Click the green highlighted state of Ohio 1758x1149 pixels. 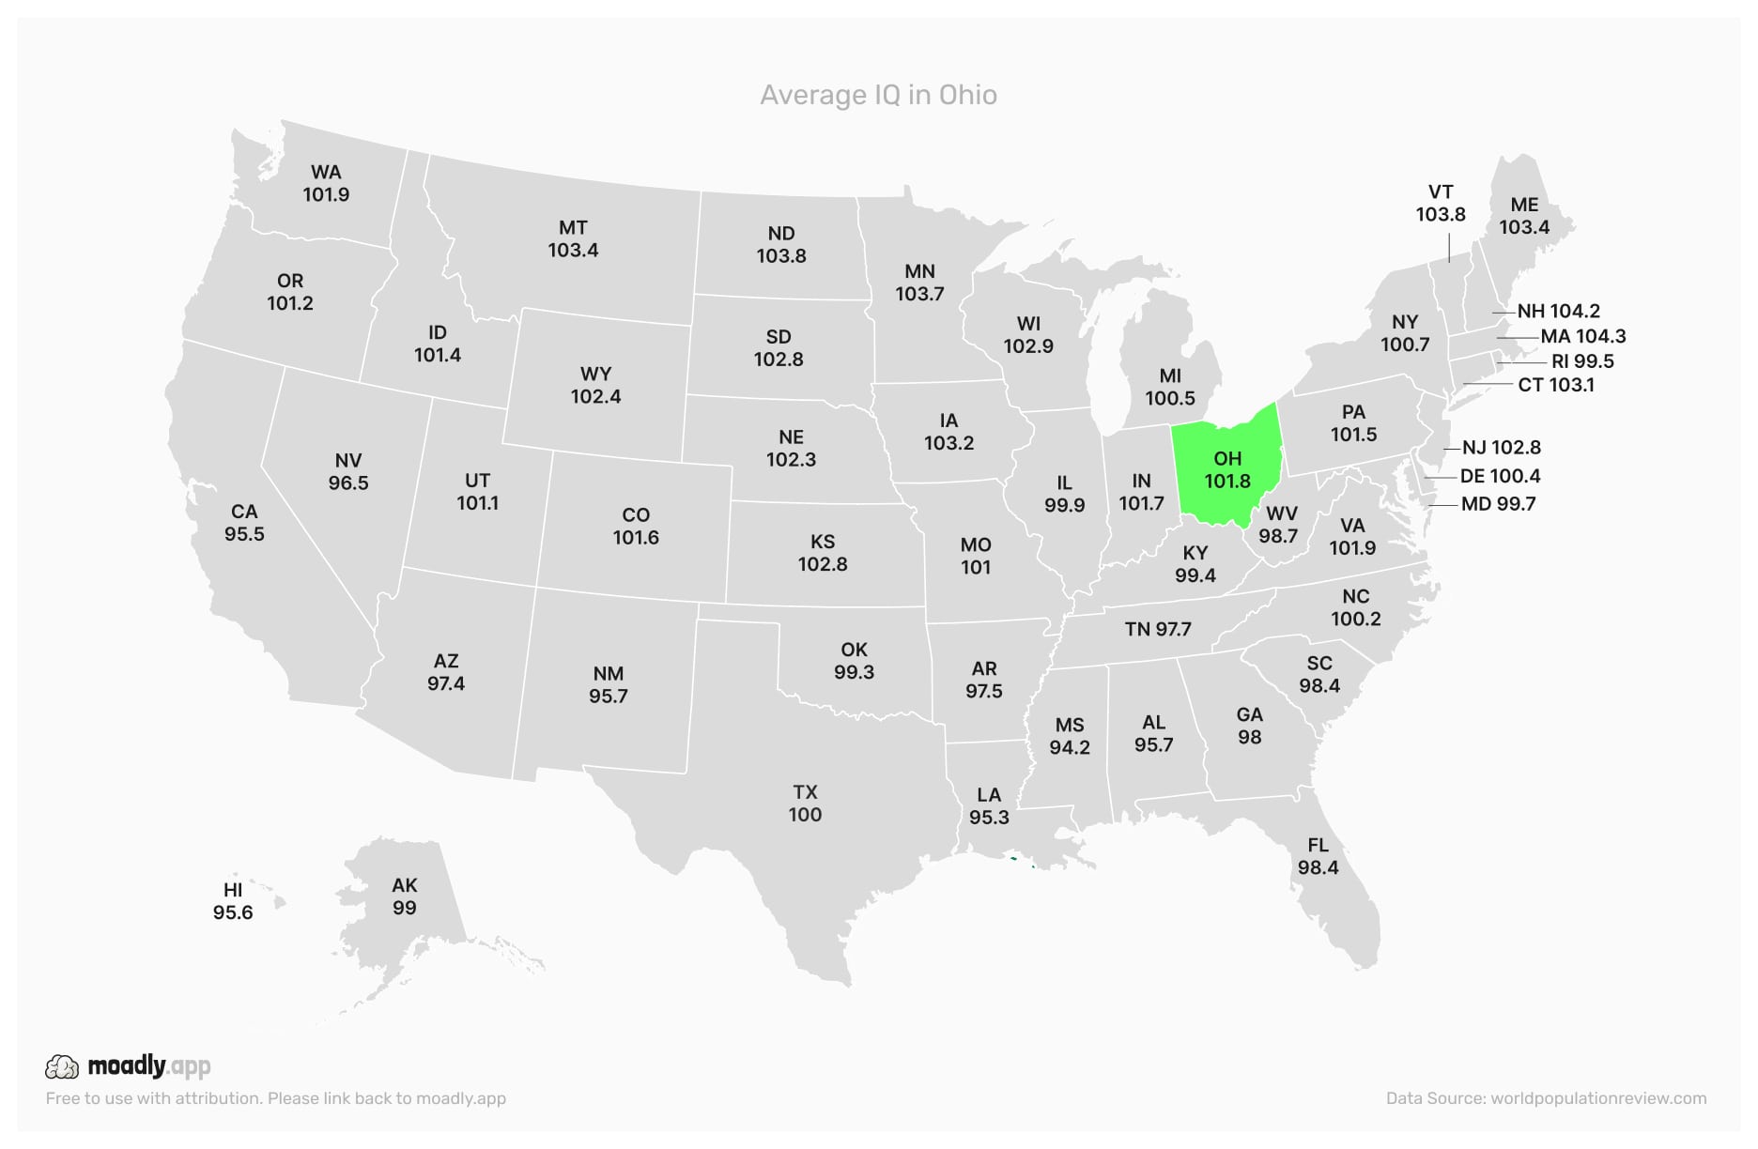(x=1228, y=469)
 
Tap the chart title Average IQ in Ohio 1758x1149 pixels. (x=878, y=95)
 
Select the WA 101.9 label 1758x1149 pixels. (x=326, y=183)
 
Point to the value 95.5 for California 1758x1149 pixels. (x=244, y=534)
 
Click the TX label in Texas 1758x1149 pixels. (x=805, y=792)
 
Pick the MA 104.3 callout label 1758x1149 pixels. (x=1583, y=336)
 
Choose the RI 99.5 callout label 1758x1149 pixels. (x=1582, y=361)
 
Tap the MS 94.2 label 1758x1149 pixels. (x=1070, y=736)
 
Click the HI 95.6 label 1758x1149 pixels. (x=233, y=901)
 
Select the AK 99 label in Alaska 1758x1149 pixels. (x=405, y=896)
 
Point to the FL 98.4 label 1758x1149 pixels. (x=1318, y=856)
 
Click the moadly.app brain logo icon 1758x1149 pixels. (x=62, y=1066)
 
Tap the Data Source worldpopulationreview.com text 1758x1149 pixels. (x=1546, y=1098)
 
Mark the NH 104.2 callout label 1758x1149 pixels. (x=1558, y=311)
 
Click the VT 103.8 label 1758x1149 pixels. (x=1441, y=203)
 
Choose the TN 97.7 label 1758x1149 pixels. (x=1158, y=629)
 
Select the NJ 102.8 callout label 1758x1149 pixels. (x=1502, y=448)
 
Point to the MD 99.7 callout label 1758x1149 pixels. (x=1498, y=504)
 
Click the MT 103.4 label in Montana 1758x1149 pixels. (x=573, y=238)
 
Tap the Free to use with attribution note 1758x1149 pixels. (x=275, y=1098)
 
